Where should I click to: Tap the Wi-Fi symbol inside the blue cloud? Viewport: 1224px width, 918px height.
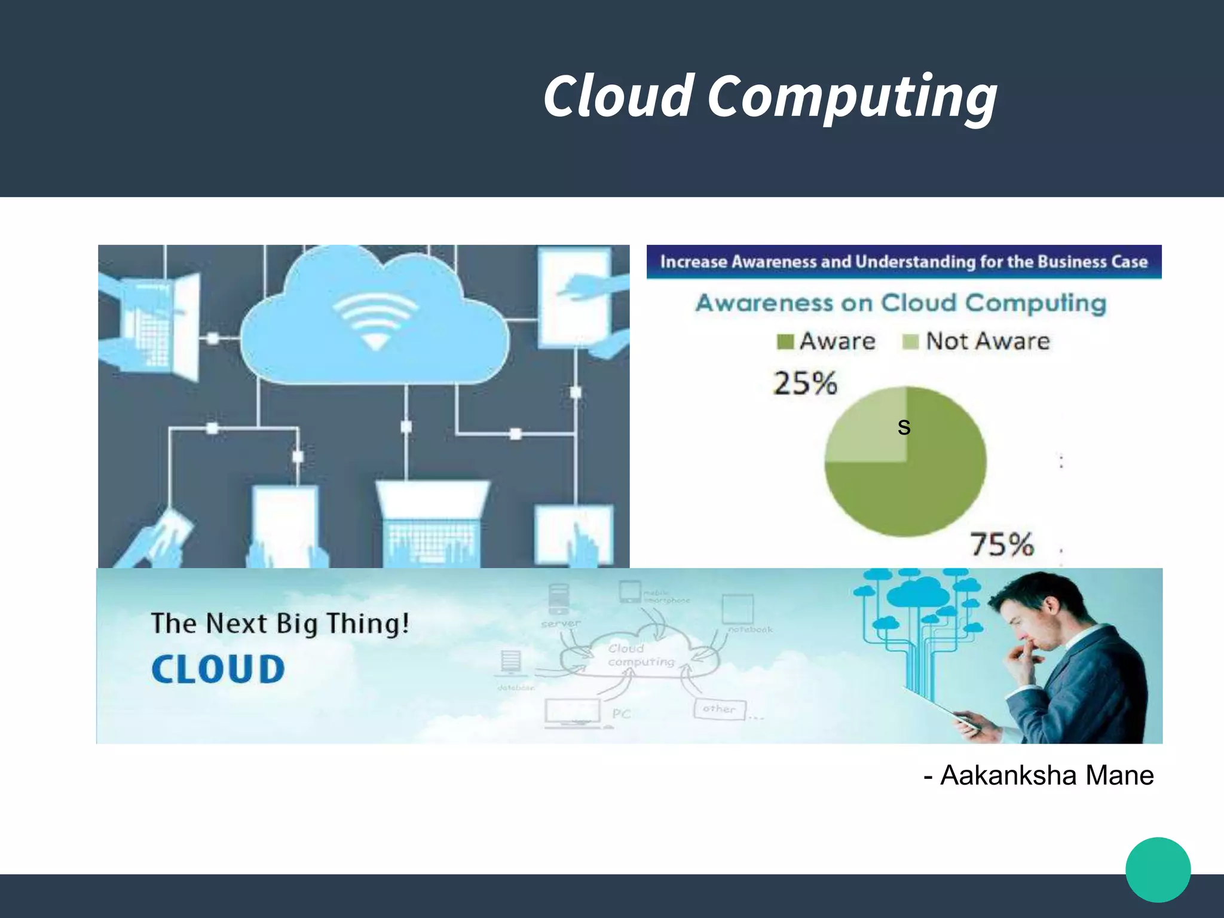(375, 323)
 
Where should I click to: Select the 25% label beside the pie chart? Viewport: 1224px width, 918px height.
(805, 384)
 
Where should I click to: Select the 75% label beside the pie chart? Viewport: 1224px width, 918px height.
(1002, 544)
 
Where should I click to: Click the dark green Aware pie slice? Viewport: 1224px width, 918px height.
(920, 484)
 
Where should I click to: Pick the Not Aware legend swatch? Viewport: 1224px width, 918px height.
(910, 342)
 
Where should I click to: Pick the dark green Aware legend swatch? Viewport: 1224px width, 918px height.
(785, 342)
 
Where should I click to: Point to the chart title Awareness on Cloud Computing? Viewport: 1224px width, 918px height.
(901, 304)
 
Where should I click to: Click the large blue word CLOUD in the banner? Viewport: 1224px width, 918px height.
(218, 669)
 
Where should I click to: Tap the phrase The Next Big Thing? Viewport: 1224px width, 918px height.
(280, 623)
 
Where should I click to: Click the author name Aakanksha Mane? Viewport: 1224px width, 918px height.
(1046, 775)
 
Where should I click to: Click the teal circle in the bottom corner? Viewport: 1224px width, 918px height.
(1158, 870)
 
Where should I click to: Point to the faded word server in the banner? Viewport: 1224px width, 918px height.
(561, 624)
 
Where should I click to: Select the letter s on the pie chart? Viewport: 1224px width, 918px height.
(904, 427)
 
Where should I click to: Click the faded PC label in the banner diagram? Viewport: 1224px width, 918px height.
(621, 714)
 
